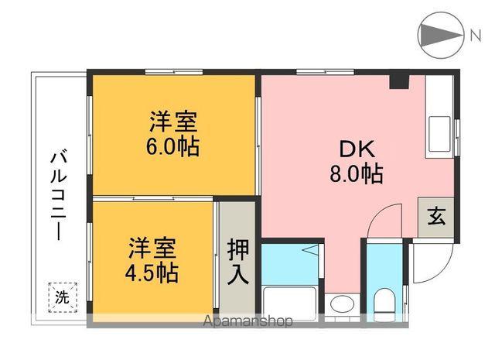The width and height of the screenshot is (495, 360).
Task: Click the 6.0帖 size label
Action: click(173, 146)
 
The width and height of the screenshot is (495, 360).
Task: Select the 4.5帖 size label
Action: click(152, 272)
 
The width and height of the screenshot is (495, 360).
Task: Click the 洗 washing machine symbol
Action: click(60, 296)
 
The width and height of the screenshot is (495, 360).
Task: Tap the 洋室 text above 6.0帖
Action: click(173, 122)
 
